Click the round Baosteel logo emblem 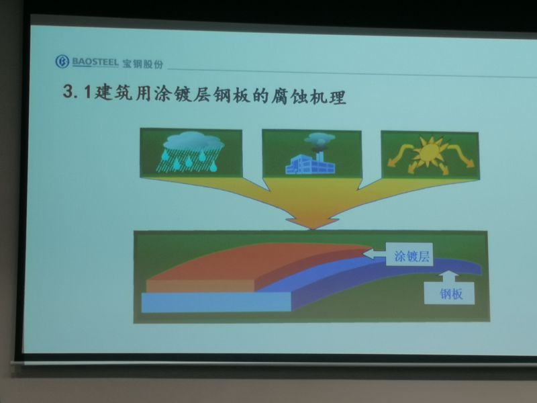click(x=62, y=62)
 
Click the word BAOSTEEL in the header click(x=95, y=62)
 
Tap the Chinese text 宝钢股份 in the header click(x=142, y=64)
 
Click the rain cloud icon click(x=191, y=150)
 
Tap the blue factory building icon click(x=310, y=165)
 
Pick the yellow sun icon click(x=430, y=152)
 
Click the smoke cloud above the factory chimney click(x=320, y=138)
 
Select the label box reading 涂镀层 click(x=409, y=255)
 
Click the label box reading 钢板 click(x=449, y=294)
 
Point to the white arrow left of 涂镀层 click(x=375, y=254)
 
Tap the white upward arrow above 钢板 click(x=448, y=277)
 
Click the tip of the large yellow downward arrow click(x=312, y=229)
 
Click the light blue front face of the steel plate click(x=216, y=302)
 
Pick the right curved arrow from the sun click(x=461, y=155)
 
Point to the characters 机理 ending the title click(x=327, y=97)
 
